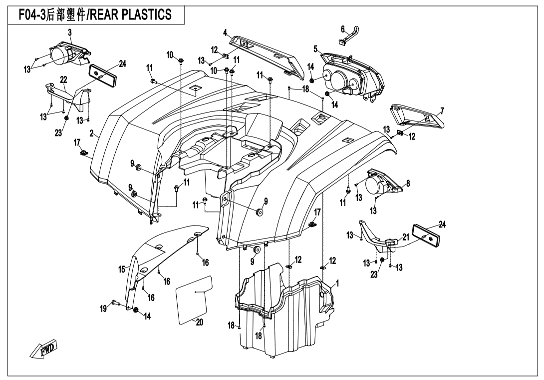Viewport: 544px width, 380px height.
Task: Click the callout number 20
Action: pos(199,322)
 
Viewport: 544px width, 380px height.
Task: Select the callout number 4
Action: pos(226,33)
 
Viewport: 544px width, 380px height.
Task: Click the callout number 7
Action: pos(442,110)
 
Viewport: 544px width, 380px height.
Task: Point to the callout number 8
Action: pos(408,183)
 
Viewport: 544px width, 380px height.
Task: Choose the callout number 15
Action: pos(121,269)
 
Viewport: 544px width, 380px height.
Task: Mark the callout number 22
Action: pos(63,80)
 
